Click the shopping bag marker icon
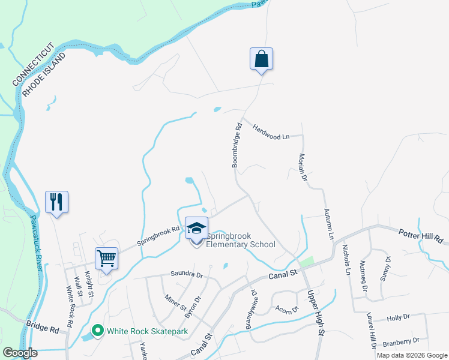click(261, 59)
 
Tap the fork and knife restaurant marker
click(57, 202)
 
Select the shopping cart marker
click(106, 259)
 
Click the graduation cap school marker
click(196, 229)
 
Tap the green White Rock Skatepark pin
click(97, 331)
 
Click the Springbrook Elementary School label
click(241, 240)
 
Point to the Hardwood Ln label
click(271, 132)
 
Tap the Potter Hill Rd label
click(420, 236)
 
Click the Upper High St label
click(316, 313)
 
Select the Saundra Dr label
click(187, 274)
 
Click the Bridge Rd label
click(43, 326)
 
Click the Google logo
click(20, 353)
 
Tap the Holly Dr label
click(398, 317)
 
